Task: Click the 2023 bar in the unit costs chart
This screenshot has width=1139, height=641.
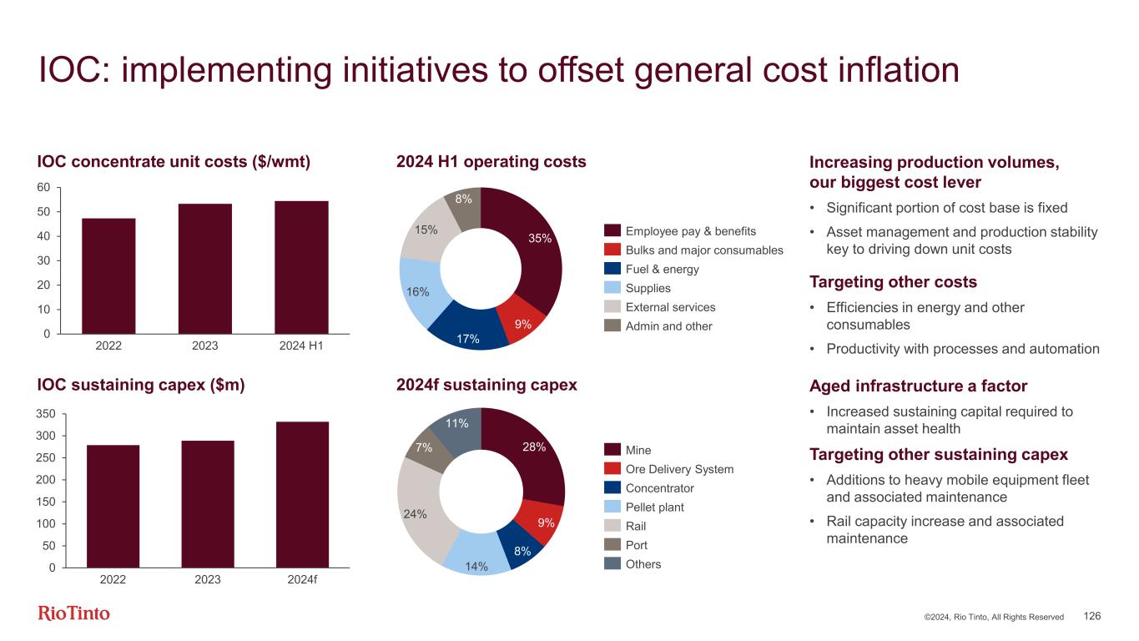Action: (205, 269)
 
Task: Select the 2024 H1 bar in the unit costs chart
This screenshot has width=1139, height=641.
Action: (301, 267)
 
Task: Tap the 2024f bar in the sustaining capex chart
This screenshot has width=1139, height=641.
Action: (302, 494)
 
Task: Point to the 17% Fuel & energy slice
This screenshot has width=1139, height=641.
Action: (469, 331)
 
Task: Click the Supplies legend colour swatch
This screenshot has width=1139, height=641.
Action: (612, 288)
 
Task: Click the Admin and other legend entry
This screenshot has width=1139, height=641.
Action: (668, 326)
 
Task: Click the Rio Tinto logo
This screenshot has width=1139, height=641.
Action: (74, 613)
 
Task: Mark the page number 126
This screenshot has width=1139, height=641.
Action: (1092, 616)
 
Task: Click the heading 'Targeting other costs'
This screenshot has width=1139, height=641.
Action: (893, 281)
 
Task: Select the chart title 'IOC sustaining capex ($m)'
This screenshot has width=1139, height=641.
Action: (140, 385)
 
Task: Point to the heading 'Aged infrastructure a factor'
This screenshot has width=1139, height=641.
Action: (918, 386)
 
